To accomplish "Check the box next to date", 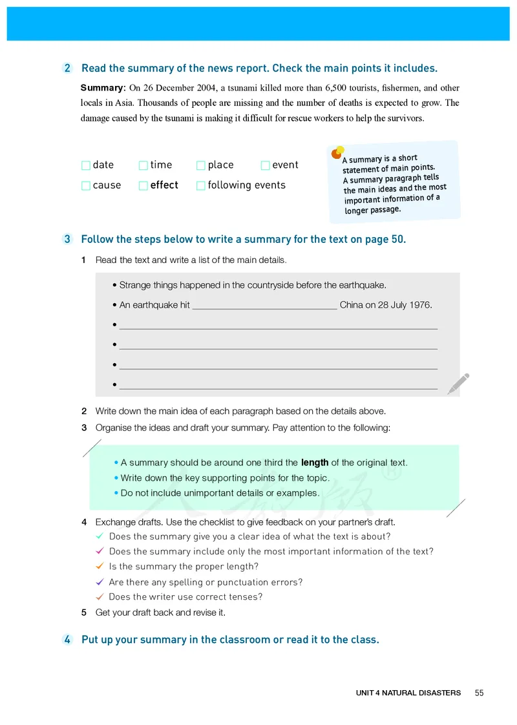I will pyautogui.click(x=86, y=165).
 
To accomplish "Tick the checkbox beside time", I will pyautogui.click(x=143, y=165).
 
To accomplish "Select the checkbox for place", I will pyautogui.click(x=201, y=165).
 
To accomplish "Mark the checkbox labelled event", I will pyautogui.click(x=265, y=165).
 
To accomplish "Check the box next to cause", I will pyautogui.click(x=86, y=186).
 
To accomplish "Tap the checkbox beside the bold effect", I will pyautogui.click(x=143, y=186).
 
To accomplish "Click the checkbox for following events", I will pyautogui.click(x=201, y=186).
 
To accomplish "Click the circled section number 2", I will pyautogui.click(x=68, y=68).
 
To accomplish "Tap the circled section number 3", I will pyautogui.click(x=68, y=240).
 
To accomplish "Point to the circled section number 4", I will pyautogui.click(x=68, y=640).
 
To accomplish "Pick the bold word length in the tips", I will pyautogui.click(x=315, y=463).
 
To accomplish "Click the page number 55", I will pyautogui.click(x=479, y=693).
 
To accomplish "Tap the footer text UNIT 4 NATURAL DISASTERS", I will pyautogui.click(x=408, y=693).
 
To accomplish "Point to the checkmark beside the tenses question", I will pyautogui.click(x=100, y=596).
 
